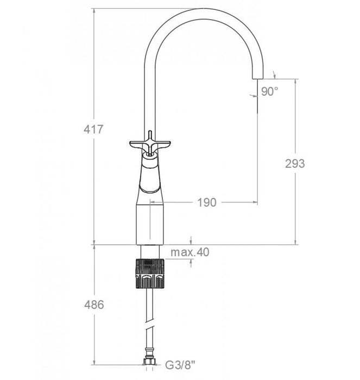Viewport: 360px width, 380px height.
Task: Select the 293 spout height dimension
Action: tap(295, 163)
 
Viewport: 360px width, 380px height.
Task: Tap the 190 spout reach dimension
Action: tap(206, 202)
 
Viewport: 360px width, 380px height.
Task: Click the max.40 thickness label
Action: tap(190, 252)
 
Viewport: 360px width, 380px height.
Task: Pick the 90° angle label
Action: tap(269, 92)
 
